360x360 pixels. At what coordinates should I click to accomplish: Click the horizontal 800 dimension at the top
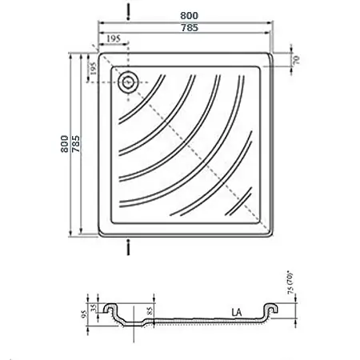click(x=189, y=16)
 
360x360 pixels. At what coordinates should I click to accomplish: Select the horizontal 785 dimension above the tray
click(x=190, y=27)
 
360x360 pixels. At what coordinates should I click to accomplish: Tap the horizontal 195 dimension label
click(x=114, y=39)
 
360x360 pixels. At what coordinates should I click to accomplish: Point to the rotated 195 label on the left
click(x=92, y=69)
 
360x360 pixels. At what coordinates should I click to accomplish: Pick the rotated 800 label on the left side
click(x=65, y=144)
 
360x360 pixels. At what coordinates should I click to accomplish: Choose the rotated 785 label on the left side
click(x=76, y=144)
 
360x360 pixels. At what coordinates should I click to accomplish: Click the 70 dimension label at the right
click(x=296, y=59)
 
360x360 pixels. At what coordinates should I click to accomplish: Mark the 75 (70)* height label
click(x=290, y=283)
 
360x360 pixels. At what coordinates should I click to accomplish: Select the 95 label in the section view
click(x=85, y=314)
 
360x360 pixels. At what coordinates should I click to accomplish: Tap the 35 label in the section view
click(x=94, y=308)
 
